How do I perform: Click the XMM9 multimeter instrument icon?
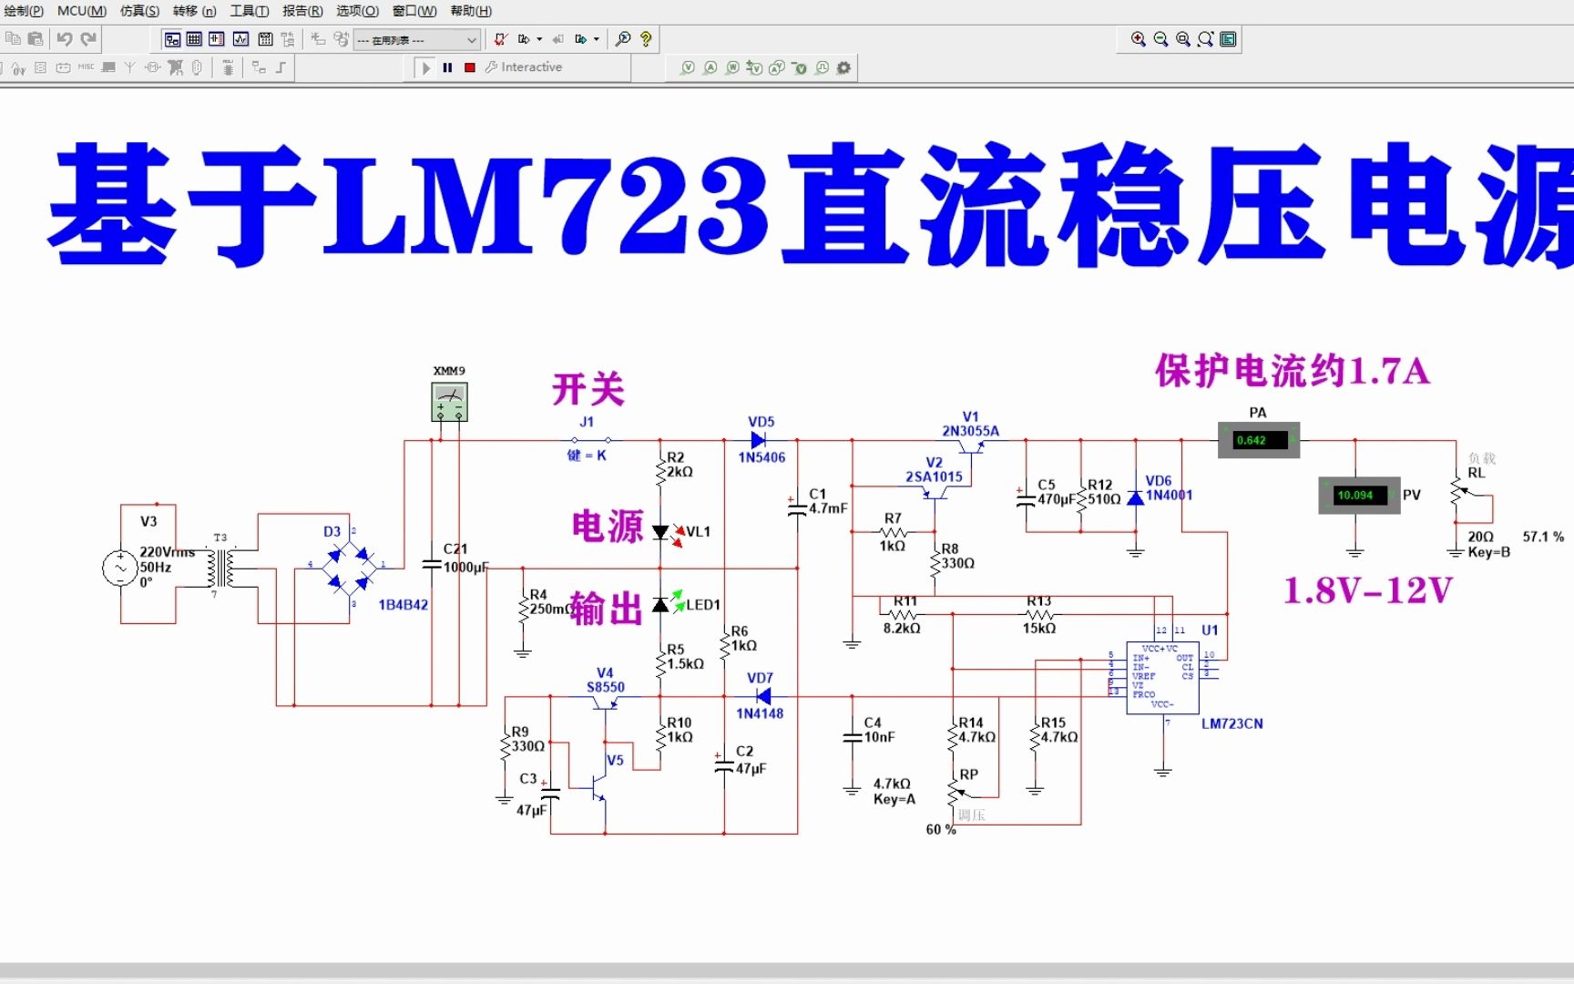click(x=449, y=402)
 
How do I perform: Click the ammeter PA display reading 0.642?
click(x=1258, y=440)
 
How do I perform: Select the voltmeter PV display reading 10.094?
click(x=1358, y=495)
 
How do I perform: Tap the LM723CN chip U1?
click(x=1161, y=678)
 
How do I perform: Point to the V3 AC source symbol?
click(x=119, y=567)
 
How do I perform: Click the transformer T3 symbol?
click(x=221, y=568)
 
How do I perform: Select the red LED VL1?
click(x=661, y=533)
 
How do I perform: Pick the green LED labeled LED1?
click(x=661, y=605)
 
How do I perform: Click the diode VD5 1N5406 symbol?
click(x=758, y=440)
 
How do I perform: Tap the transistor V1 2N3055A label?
click(x=970, y=424)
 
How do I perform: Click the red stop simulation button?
click(x=470, y=67)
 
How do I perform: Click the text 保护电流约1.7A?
click(x=1292, y=372)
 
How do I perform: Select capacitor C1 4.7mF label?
click(x=827, y=501)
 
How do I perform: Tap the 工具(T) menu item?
click(x=249, y=11)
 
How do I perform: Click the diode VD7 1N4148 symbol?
click(x=762, y=697)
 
